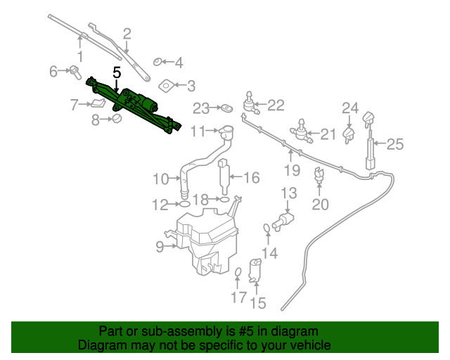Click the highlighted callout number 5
pyautogui.click(x=117, y=72)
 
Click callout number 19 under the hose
pyautogui.click(x=292, y=170)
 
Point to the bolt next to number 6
pyautogui.click(x=74, y=70)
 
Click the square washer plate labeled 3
pyautogui.click(x=166, y=86)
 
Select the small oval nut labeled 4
pyautogui.click(x=157, y=63)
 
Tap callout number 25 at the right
pyautogui.click(x=395, y=145)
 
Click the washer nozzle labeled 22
pyautogui.click(x=250, y=104)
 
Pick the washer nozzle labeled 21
pyautogui.click(x=302, y=130)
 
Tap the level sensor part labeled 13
pyautogui.click(x=286, y=221)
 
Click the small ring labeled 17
pyautogui.click(x=238, y=274)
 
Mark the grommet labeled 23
pyautogui.click(x=227, y=108)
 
